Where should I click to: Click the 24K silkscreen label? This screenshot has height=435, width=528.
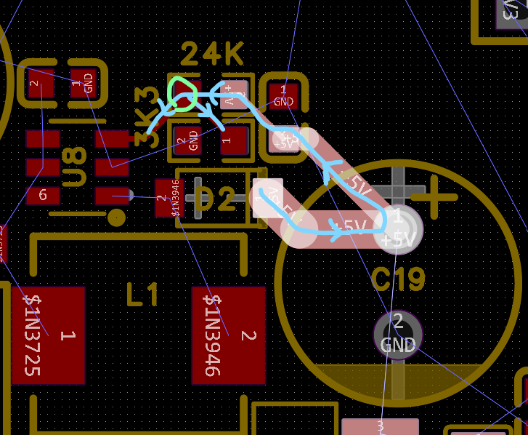[x=212, y=55]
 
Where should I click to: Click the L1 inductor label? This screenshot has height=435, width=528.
[x=142, y=295]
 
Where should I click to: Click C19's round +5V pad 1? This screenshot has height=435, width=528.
[x=398, y=228]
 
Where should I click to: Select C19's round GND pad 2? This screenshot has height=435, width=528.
[x=398, y=333]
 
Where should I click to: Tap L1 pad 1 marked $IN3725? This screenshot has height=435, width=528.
[x=49, y=335]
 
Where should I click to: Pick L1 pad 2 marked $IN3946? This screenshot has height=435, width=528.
[x=229, y=335]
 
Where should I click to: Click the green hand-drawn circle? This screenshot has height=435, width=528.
[x=182, y=94]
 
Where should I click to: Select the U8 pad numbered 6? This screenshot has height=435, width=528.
[x=43, y=195]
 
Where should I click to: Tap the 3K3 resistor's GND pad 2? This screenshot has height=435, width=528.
[x=187, y=140]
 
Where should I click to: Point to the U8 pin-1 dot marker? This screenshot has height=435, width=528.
[x=116, y=217]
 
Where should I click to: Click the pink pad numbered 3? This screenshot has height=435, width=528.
[x=380, y=426]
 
